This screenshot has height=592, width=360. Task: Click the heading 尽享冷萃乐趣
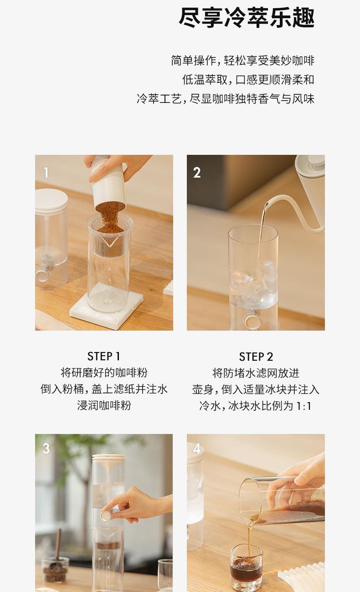247,18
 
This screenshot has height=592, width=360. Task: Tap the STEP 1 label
104,357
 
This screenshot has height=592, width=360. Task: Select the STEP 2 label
256,357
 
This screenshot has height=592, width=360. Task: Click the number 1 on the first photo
46,173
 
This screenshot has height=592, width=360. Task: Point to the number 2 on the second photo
197,173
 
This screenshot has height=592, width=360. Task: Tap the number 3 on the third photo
46,448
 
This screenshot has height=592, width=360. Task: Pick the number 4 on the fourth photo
197,449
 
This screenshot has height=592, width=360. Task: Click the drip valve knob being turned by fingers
106,515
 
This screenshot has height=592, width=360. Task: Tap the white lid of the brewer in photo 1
51,200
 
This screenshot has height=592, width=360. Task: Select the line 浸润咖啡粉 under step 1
104,405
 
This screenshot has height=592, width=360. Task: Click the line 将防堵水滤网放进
256,373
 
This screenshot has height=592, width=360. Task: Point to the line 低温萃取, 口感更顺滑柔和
248,80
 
